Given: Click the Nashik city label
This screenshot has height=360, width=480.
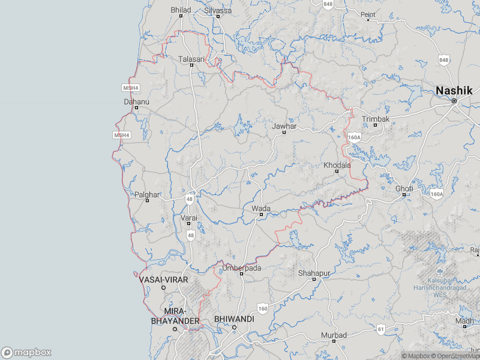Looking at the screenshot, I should pos(454,91).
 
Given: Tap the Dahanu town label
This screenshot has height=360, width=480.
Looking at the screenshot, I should pos(136,102).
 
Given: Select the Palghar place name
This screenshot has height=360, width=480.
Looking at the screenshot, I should pos(147,195).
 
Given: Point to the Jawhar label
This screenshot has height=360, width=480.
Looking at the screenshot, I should pos(284,127).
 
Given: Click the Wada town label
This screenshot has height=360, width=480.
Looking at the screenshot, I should pos(261,209).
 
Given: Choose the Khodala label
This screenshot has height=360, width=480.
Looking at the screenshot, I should pos(337,165).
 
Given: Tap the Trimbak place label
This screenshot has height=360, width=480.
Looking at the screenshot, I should pos(376,119).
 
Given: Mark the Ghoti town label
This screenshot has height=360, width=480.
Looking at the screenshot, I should pos(404,189).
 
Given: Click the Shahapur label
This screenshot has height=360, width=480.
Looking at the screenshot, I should pos(314,274).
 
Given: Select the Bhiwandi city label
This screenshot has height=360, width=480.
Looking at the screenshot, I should pos(234,319).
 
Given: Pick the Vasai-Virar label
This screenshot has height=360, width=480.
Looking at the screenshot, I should pos(163,280).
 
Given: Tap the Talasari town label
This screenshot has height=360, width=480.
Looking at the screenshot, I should pos(191,59).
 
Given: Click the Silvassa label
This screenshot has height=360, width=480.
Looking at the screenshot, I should pos(217,11).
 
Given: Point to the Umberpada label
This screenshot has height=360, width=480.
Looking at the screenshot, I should pos(242,268).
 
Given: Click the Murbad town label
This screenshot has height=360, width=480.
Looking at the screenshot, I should pos(334,335).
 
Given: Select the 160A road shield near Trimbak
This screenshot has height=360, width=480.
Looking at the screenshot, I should pos(355,137).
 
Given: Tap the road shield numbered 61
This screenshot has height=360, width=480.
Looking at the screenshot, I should pos(380,329).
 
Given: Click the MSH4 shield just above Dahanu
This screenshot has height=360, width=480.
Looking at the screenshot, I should pos(130,88).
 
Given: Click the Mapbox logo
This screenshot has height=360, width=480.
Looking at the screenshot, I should pos(26,353).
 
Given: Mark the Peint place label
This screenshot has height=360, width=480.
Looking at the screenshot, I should pos(367,14).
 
